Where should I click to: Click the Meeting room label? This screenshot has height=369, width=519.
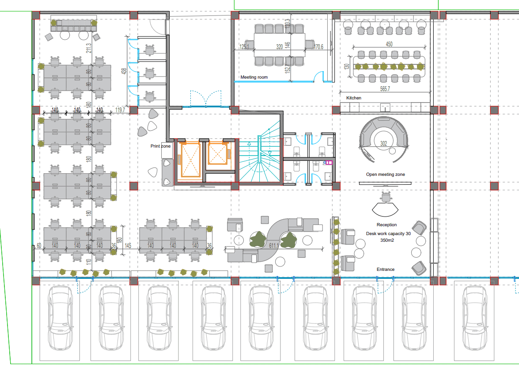pyautogui.click(x=254, y=77)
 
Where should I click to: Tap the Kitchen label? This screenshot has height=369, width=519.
pyautogui.click(x=354, y=98)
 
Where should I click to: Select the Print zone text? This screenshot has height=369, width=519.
pyautogui.click(x=160, y=146)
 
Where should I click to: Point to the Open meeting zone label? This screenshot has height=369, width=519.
pyautogui.click(x=385, y=175)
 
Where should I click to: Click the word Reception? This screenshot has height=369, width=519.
pyautogui.click(x=386, y=225)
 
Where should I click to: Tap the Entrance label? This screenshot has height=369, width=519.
pyautogui.click(x=386, y=270)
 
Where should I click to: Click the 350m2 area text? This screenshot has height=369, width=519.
pyautogui.click(x=387, y=241)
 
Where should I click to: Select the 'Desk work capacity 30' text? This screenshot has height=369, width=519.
pyautogui.click(x=388, y=233)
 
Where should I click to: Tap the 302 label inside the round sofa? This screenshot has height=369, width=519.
pyautogui.click(x=383, y=143)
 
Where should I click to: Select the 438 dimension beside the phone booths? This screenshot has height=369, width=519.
pyautogui.click(x=125, y=71)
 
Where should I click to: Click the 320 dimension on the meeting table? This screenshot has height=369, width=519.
pyautogui.click(x=279, y=46)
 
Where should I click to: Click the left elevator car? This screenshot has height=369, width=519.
pyautogui.click(x=189, y=160)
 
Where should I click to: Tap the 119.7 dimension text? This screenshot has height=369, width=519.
pyautogui.click(x=120, y=110)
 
